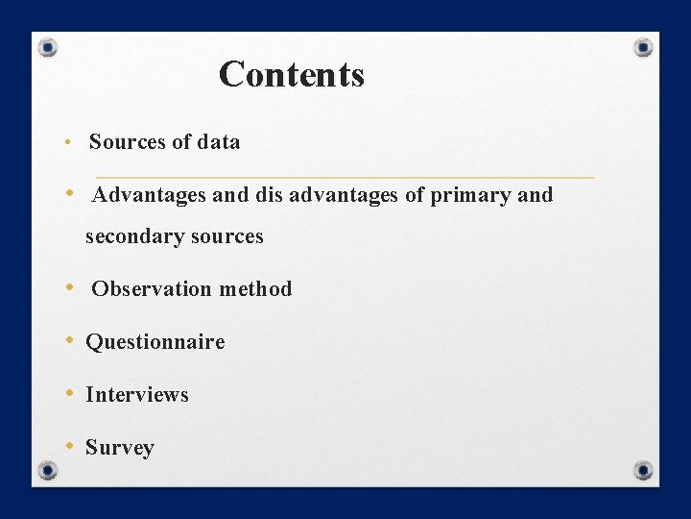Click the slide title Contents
[x=292, y=74]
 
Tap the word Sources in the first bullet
[x=128, y=142]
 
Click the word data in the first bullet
[x=219, y=142]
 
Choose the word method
[x=255, y=289]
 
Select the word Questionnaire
[x=155, y=342]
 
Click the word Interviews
[x=137, y=395]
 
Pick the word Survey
[x=120, y=448]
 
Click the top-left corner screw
[x=49, y=47]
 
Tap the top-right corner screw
[x=644, y=47]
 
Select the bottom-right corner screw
[x=643, y=470]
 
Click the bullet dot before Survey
[x=71, y=446]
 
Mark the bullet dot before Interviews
[x=71, y=393]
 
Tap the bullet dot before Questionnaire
[x=71, y=340]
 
